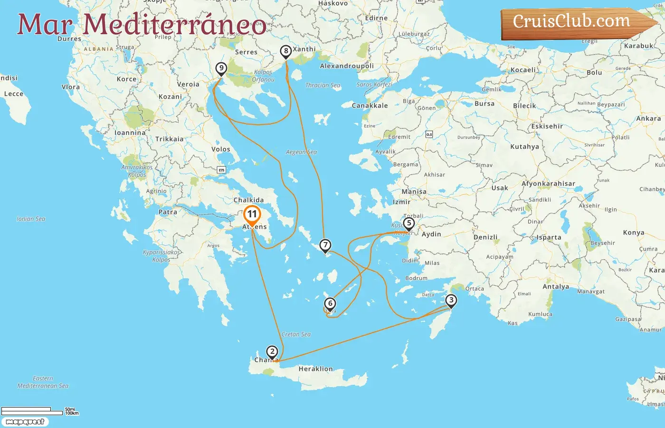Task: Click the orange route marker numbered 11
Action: coord(252,214)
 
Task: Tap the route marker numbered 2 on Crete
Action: coord(272,352)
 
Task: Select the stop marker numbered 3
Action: coord(451,300)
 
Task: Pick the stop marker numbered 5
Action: coord(408,223)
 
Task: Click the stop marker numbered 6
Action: coord(330,303)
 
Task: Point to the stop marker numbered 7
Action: coord(325,245)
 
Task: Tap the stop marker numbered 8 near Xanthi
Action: coord(285,51)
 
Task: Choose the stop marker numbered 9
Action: coord(221,68)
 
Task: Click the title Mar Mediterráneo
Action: coord(142,24)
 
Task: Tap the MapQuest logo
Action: coord(25,422)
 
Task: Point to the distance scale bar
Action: coord(32,411)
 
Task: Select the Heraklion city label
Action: coord(315,369)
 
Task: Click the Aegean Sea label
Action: coord(301,152)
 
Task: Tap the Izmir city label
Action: coord(401,202)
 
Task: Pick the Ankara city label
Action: coord(648,119)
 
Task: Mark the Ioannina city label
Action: coord(130,133)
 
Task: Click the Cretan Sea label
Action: coord(296,334)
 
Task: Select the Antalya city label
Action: coord(556,287)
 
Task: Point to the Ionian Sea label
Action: coord(31,219)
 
